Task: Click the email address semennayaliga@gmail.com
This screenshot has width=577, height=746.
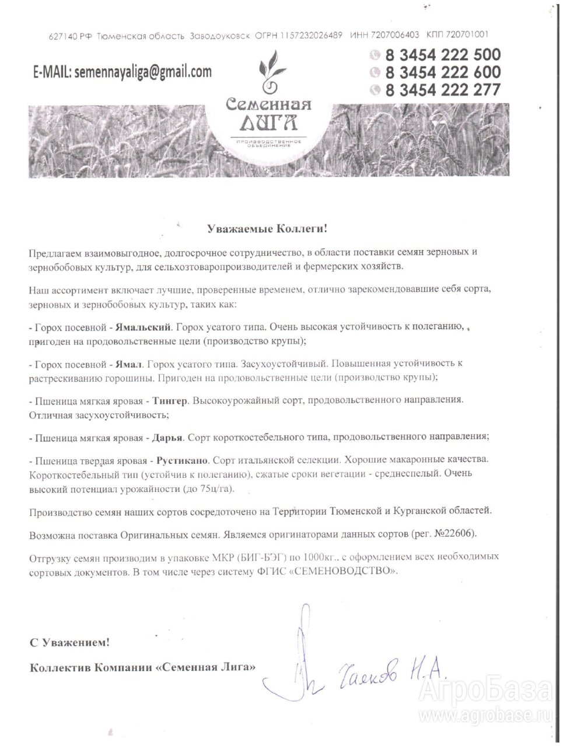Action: (x=143, y=72)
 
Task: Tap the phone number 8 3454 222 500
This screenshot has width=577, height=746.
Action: (x=442, y=55)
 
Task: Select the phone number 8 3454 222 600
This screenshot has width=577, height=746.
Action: (x=442, y=72)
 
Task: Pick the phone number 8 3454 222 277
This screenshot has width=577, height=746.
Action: (x=442, y=90)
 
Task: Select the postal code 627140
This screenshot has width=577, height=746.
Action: (x=61, y=36)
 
